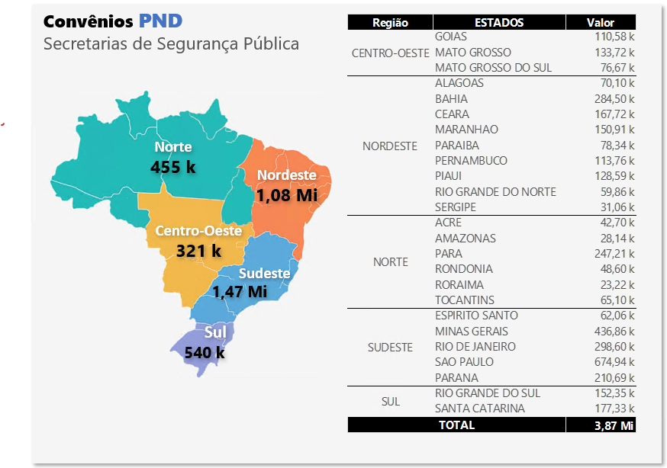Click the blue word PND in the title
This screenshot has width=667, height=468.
[160, 20]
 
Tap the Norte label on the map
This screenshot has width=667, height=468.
[173, 147]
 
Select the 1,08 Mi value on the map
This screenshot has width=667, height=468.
[286, 195]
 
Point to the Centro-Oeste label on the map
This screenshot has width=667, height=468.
[198, 230]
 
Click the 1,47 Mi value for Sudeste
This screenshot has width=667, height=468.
[240, 291]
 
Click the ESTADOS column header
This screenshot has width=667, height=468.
[499, 23]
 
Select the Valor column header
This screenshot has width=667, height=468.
[601, 23]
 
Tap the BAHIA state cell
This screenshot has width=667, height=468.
[451, 99]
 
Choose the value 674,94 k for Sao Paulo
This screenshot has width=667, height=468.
[614, 362]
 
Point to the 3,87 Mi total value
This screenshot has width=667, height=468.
[614, 425]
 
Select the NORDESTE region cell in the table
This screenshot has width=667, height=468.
[390, 146]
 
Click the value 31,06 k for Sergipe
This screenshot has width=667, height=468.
[617, 207]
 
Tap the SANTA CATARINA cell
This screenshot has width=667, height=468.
[480, 409]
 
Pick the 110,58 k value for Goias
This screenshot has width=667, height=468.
[614, 37]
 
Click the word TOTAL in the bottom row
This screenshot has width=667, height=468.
[456, 425]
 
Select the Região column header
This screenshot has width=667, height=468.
[390, 23]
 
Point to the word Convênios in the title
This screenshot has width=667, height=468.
[89, 20]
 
